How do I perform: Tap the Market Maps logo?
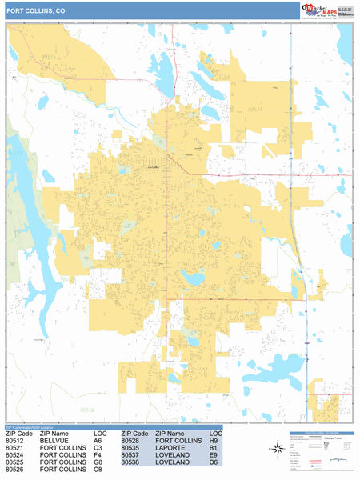[326, 10]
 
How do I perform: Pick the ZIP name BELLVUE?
[55, 441]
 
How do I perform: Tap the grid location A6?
[98, 441]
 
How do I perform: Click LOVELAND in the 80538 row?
[173, 462]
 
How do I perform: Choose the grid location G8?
[98, 462]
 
